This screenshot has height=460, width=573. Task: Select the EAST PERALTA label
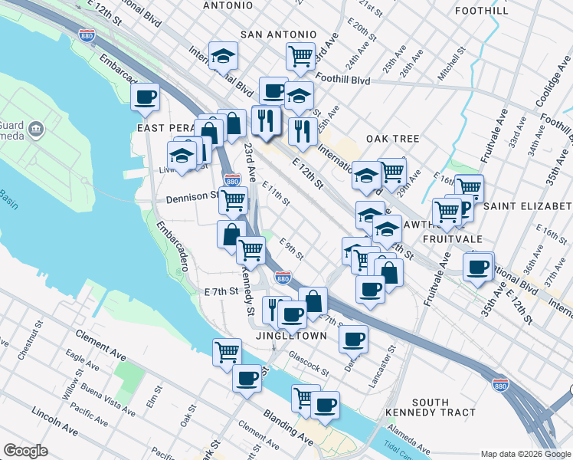tap(163, 127)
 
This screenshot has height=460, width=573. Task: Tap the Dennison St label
tap(192, 198)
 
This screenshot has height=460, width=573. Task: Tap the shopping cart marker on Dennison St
tap(233, 201)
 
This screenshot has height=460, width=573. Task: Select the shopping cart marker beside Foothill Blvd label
tap(301, 55)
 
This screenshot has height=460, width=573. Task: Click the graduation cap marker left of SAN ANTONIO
tap(223, 55)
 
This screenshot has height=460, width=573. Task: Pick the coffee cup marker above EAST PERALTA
tap(145, 97)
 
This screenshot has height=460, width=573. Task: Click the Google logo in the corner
tap(25, 451)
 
